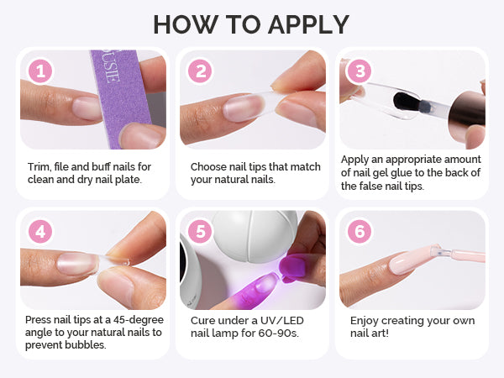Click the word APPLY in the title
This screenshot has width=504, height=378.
(308, 24)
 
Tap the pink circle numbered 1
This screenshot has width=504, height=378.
(40, 71)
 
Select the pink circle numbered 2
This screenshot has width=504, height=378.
(200, 71)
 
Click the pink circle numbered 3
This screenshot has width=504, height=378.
(360, 71)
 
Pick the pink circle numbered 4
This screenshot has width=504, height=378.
(40, 232)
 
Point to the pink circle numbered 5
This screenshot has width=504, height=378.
(200, 232)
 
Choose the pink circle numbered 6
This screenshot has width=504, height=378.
(360, 232)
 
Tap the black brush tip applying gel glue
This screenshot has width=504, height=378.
(407, 102)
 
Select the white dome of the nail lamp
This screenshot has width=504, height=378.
(255, 236)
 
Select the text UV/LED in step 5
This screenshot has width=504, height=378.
(282, 321)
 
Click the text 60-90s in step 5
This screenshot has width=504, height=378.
(278, 333)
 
